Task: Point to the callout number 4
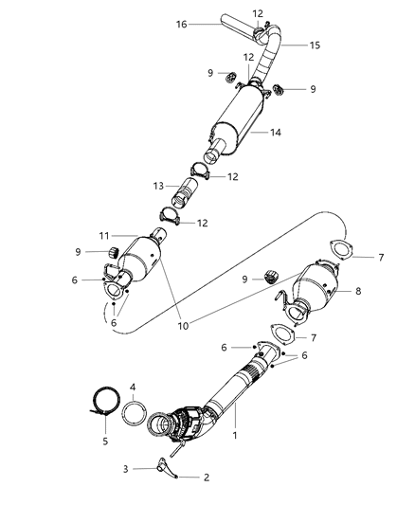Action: click(x=133, y=387)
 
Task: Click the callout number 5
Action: click(x=105, y=441)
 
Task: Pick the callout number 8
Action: click(x=359, y=293)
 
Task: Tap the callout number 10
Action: click(x=181, y=326)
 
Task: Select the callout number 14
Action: click(x=275, y=134)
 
